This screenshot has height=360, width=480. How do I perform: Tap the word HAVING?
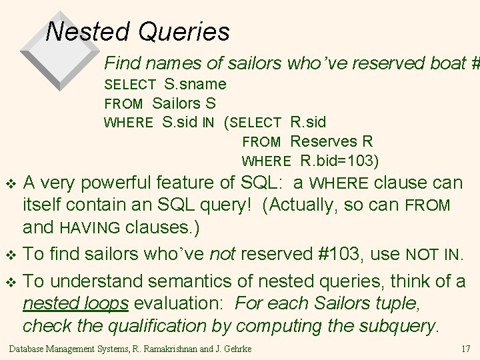90,228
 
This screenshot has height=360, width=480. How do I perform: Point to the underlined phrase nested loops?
76,303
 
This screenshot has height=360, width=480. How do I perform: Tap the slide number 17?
466,349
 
